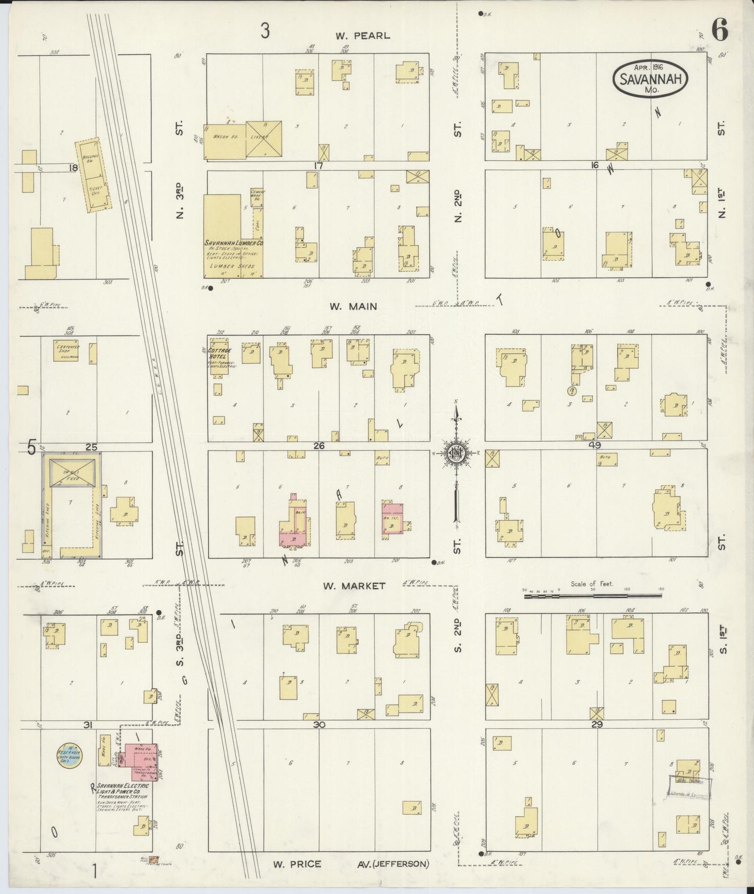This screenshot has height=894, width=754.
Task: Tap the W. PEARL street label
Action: [x=362, y=36]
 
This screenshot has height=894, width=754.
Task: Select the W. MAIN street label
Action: [x=353, y=307]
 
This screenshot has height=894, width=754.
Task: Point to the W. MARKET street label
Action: [x=354, y=586]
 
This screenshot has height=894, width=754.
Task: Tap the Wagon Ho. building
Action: [x=224, y=141]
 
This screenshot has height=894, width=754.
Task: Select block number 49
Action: [x=595, y=445]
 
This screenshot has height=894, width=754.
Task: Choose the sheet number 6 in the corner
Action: [x=719, y=32]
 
